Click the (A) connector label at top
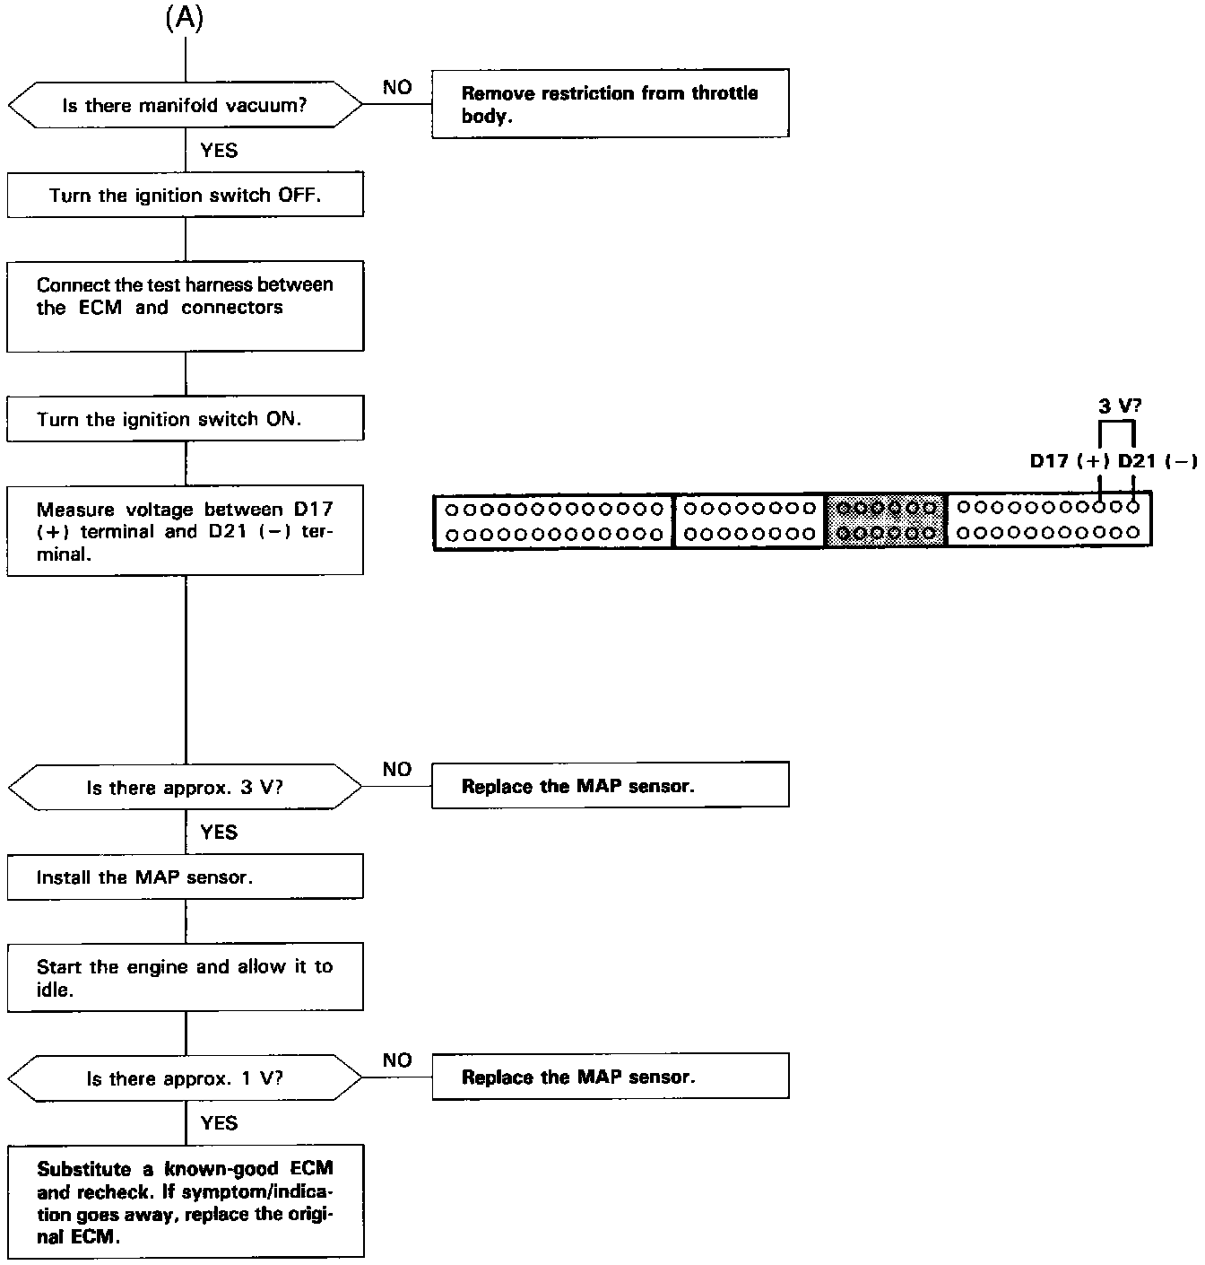185,20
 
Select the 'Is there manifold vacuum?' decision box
185,105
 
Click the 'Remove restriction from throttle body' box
610,104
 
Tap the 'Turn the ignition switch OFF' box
185,195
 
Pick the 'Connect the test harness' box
185,305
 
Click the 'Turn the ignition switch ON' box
185,419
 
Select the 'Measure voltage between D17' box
185,530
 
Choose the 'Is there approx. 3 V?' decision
185,788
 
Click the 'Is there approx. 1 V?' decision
185,1078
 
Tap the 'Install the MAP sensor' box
185,877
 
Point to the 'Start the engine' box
185,977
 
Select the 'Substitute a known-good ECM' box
185,1201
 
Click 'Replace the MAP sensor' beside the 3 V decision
610,786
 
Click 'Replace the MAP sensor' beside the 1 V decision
610,1077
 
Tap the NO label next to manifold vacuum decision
397,87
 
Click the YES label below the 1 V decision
219,1123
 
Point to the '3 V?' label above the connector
1120,406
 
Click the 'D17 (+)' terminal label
1069,461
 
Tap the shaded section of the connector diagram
885,520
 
